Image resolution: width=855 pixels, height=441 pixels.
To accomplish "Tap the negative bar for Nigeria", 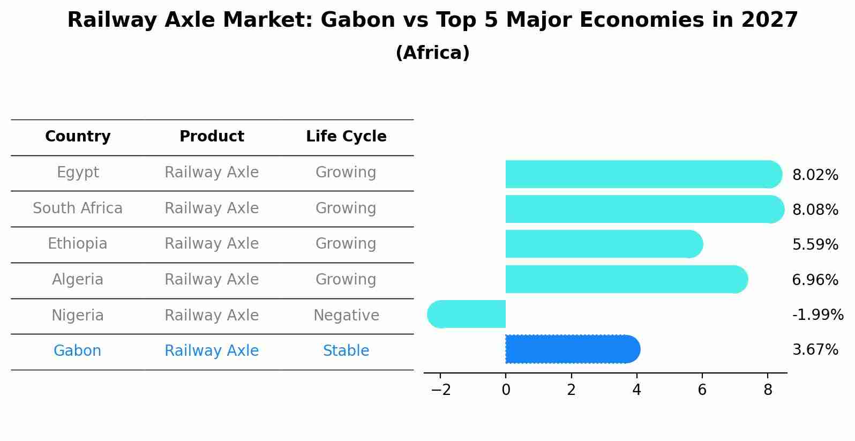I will click(467, 314).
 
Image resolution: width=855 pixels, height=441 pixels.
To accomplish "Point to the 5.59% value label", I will click(815, 245).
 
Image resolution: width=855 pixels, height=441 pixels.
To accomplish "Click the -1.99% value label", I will click(817, 315).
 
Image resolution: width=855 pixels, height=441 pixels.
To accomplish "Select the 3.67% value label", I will click(815, 350).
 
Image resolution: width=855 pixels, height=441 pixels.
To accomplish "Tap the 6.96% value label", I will click(815, 280).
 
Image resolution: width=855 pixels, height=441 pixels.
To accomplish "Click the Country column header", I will click(78, 137).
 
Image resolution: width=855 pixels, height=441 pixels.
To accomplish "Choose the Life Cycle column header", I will click(346, 137).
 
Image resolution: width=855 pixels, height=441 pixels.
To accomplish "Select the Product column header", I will click(212, 137).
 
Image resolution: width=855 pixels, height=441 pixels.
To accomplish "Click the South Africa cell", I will click(78, 208).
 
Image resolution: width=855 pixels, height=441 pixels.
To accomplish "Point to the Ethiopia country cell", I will click(78, 244).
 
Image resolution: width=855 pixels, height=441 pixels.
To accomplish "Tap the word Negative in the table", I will click(346, 316).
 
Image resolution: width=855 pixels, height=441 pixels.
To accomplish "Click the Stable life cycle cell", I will click(346, 351).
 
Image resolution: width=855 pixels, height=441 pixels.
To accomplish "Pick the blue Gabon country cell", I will click(78, 351).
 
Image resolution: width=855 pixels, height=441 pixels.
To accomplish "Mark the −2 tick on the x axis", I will click(440, 390).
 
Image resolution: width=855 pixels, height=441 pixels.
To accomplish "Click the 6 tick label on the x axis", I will click(702, 390).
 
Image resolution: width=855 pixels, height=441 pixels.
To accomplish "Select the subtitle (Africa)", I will click(432, 53).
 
